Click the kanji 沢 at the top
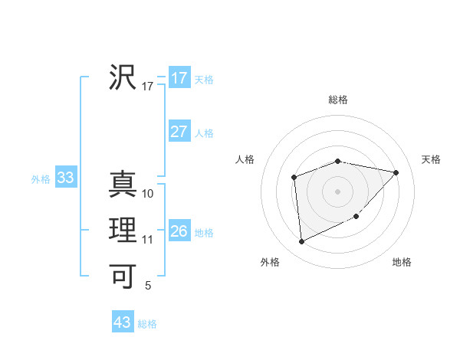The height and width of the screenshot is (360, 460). click(123, 77)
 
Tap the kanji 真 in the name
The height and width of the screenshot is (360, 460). click(123, 184)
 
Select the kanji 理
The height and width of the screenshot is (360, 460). click(123, 231)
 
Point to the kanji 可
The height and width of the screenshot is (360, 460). click(123, 275)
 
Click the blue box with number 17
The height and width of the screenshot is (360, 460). click(179, 78)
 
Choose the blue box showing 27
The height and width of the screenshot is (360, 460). click(179, 132)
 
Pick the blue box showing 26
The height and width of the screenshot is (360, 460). click(179, 231)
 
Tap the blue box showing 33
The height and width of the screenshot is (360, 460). click(65, 178)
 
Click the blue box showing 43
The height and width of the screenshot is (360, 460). click(122, 322)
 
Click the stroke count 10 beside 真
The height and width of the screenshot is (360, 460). click(148, 194)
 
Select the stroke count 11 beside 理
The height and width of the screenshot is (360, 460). click(148, 240)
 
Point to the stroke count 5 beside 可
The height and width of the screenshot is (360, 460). click(148, 286)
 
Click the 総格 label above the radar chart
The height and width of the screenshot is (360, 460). click(338, 100)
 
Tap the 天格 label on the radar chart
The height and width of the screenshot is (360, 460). click(431, 159)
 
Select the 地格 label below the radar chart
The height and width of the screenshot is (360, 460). click(402, 262)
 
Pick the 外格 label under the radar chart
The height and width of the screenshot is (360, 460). click(270, 262)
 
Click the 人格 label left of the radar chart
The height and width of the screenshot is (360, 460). click(245, 159)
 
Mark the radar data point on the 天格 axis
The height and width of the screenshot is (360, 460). click(396, 172)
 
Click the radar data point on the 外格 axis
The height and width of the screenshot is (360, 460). click(301, 242)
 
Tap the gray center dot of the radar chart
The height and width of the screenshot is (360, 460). click(337, 191)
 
